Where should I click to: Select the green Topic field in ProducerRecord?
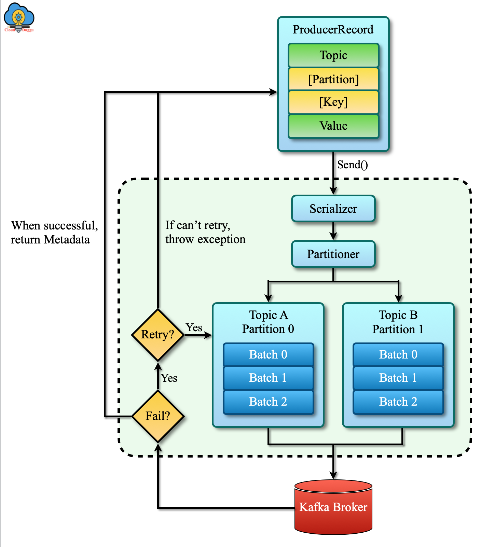coord(333,55)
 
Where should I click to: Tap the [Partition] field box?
coord(333,79)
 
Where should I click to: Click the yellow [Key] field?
coord(333,102)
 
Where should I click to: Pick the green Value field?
coord(333,126)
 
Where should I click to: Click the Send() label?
coord(352,165)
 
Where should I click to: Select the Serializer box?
coord(333,209)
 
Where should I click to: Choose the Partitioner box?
coord(333,254)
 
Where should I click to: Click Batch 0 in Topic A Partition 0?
coord(268,354)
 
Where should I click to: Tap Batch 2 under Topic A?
coord(268,402)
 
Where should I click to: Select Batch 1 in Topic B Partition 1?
coord(398,378)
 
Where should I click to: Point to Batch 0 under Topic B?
coord(398,354)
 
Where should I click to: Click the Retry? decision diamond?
coord(158,335)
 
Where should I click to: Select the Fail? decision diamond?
coord(158,416)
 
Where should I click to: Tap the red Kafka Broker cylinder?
coord(333,507)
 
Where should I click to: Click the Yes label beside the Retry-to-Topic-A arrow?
coord(194,327)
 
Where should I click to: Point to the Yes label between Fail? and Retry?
coord(169,378)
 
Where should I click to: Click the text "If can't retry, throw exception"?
coord(205,232)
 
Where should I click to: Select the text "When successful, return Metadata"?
coord(54,233)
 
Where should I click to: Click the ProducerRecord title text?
coord(333,30)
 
